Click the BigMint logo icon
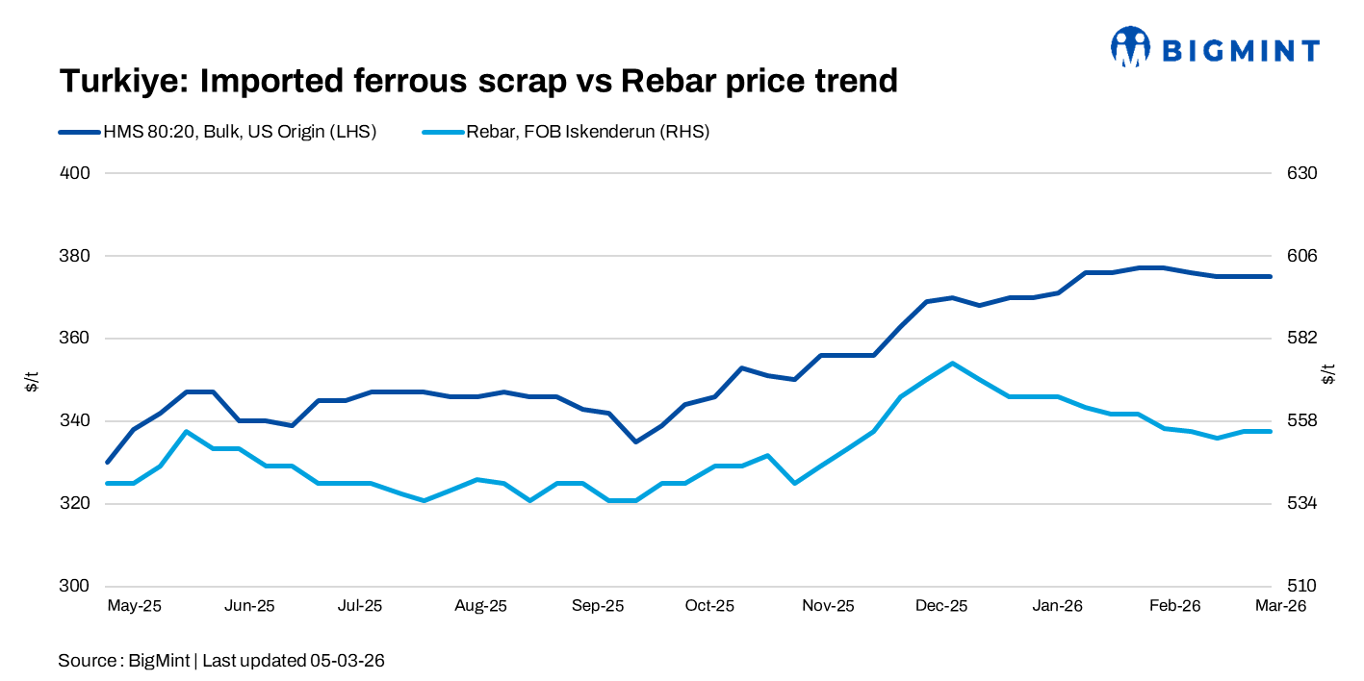tap(1131, 46)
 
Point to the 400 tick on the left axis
tap(76, 173)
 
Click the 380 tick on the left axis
tap(76, 256)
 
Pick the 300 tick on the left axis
tap(76, 586)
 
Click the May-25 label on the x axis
tap(134, 606)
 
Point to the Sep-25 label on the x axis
tap(598, 606)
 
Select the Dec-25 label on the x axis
tap(941, 606)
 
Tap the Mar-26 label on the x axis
tap(1280, 606)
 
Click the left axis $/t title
tap(33, 380)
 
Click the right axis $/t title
tap(1329, 374)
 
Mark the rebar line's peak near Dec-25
tap(952, 364)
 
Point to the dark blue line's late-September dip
tap(635, 441)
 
